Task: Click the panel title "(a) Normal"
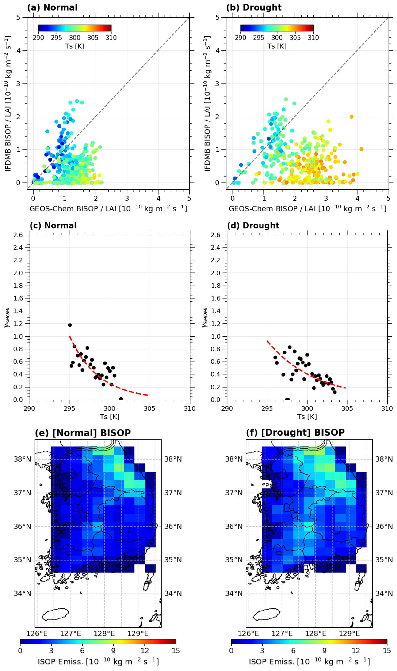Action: click(52, 8)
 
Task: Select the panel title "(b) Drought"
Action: click(254, 8)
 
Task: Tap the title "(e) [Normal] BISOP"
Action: click(83, 433)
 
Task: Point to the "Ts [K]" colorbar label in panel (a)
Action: click(75, 46)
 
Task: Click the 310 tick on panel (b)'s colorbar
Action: click(313, 38)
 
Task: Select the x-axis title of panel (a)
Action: click(108, 209)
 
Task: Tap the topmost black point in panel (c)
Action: click(70, 325)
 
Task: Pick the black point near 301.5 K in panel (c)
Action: click(121, 399)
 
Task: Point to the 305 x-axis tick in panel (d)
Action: click(347, 408)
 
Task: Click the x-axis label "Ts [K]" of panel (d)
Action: click(307, 417)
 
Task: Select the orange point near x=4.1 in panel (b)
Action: click(361, 149)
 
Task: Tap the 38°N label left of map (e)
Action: click(23, 459)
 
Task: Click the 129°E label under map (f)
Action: click(349, 634)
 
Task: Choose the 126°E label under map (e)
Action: click(37, 634)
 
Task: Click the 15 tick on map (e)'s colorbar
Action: click(176, 651)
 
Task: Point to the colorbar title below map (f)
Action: click(309, 662)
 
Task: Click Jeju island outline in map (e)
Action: click(56, 614)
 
